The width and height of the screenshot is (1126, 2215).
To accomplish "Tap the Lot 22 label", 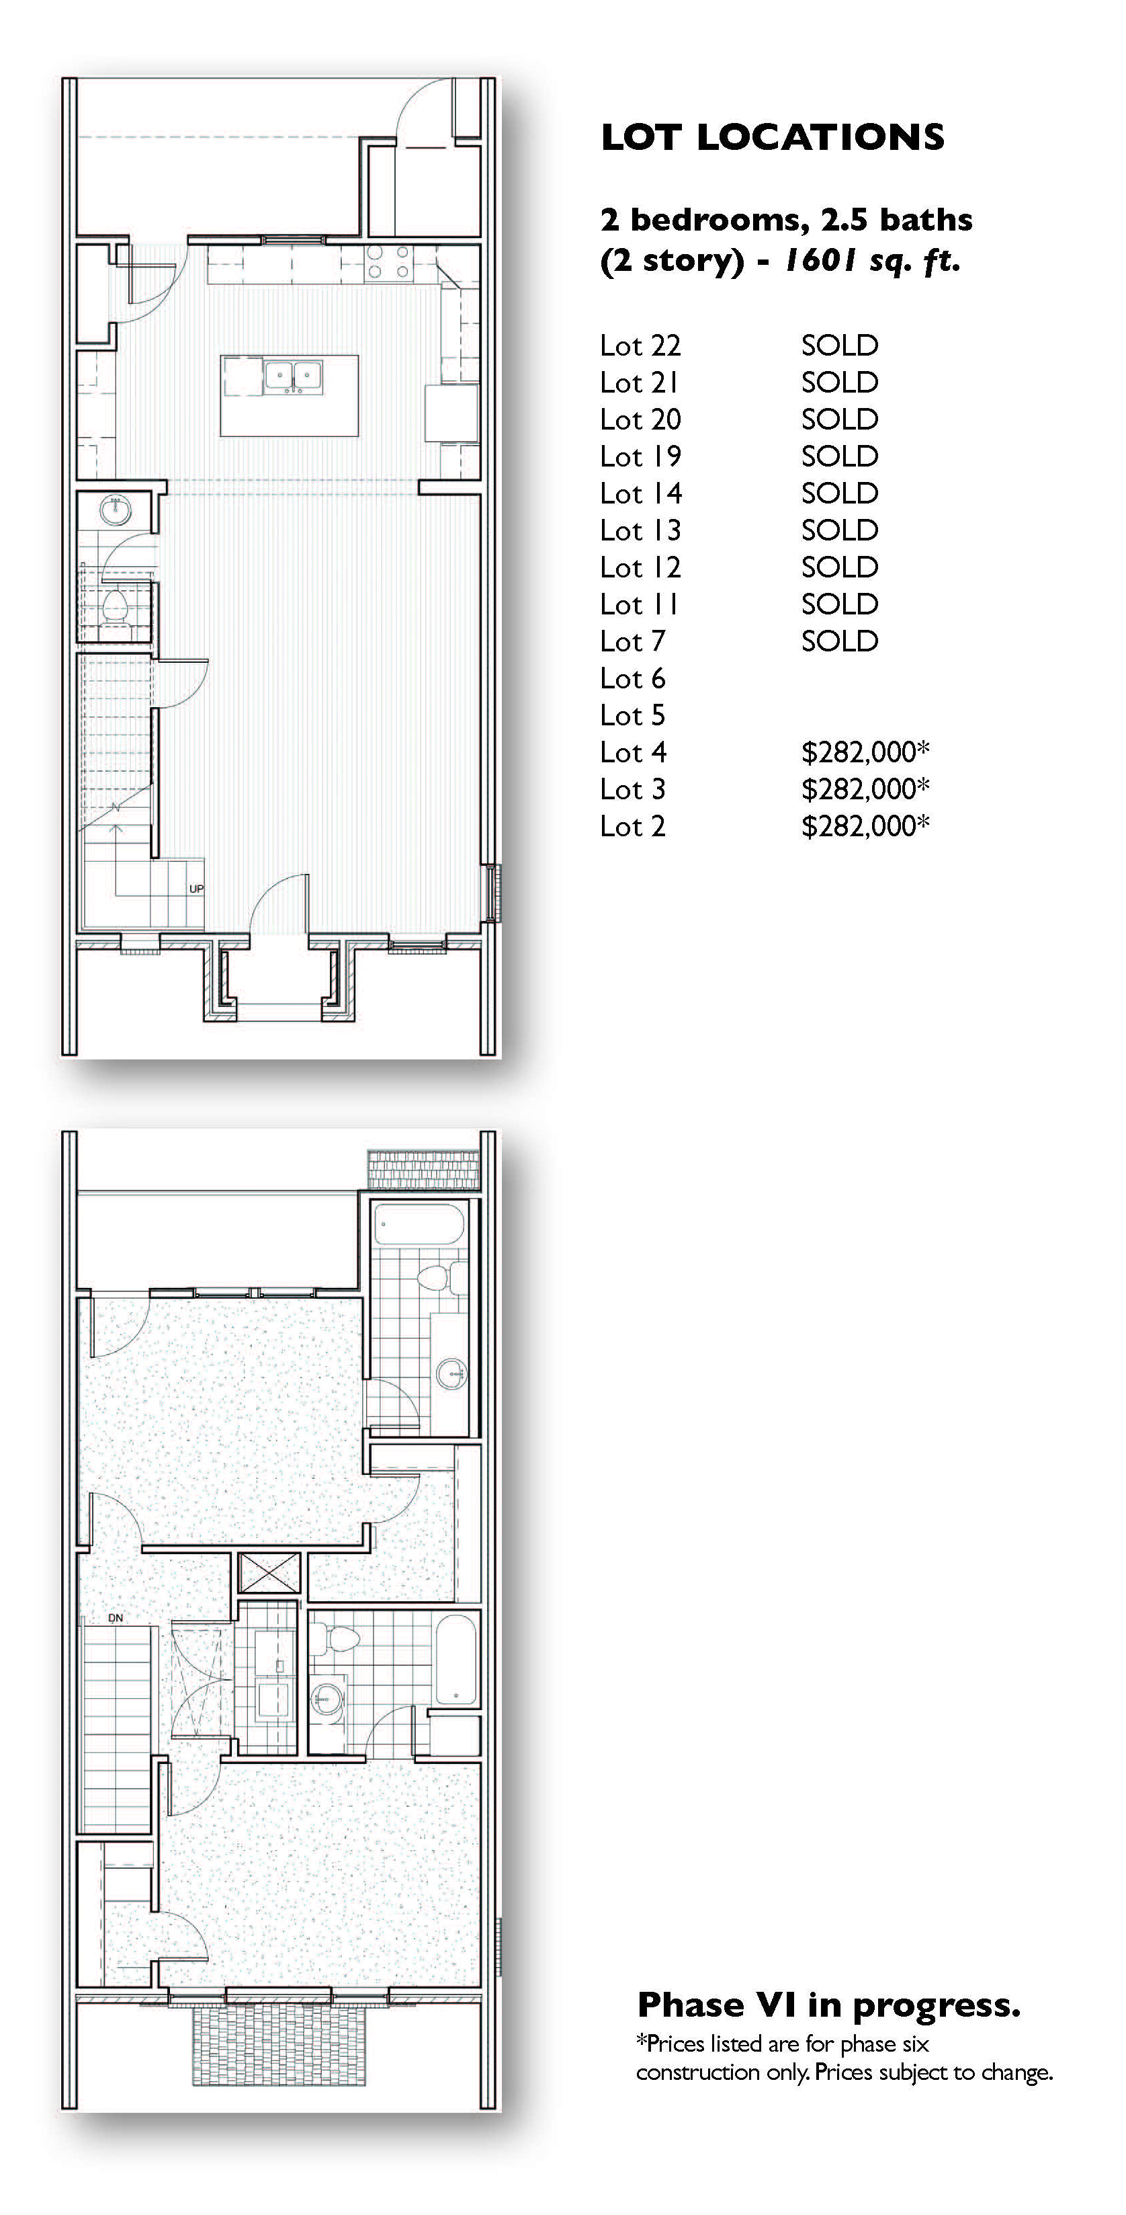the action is click(x=640, y=346).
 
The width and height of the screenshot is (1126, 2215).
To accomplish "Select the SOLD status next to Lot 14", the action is click(x=840, y=493).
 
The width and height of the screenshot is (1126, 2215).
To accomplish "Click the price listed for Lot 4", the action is click(x=865, y=752).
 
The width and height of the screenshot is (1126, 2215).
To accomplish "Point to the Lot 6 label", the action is click(x=633, y=678).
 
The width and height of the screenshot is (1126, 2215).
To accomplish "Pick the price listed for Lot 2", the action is click(x=865, y=826).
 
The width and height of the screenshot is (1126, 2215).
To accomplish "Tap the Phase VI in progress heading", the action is click(x=828, y=2005).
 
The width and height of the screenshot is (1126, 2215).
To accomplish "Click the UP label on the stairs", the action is click(x=196, y=888).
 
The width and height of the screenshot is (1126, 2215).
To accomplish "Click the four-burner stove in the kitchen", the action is click(x=390, y=262).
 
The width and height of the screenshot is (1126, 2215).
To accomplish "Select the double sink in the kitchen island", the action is click(x=293, y=376).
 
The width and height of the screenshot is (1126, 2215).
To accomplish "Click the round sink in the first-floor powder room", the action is click(x=114, y=511).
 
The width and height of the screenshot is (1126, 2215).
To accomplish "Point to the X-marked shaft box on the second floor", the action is click(x=269, y=1574).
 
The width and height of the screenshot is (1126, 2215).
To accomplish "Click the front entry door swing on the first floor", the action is click(x=277, y=903).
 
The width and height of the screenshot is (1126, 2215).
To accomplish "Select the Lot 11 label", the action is click(x=640, y=604).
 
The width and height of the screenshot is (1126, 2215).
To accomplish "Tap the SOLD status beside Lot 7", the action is click(x=840, y=641).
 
